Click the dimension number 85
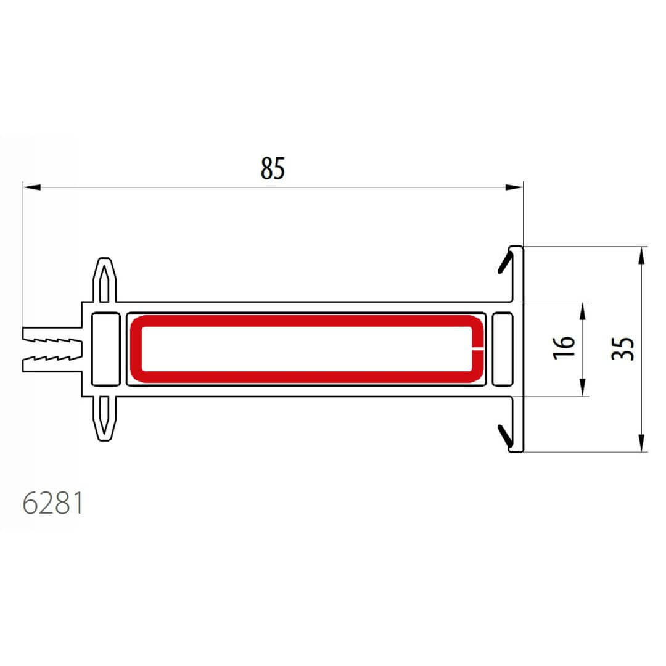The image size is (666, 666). point(273,168)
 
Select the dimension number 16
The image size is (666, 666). point(564,348)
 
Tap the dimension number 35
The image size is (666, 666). point(623,348)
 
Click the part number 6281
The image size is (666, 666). point(52,503)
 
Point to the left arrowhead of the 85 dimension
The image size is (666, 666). point(32,187)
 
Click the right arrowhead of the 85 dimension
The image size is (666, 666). point(514,187)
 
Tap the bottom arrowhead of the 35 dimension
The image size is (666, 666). point(642,443)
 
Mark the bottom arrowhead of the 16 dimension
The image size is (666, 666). point(583,387)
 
